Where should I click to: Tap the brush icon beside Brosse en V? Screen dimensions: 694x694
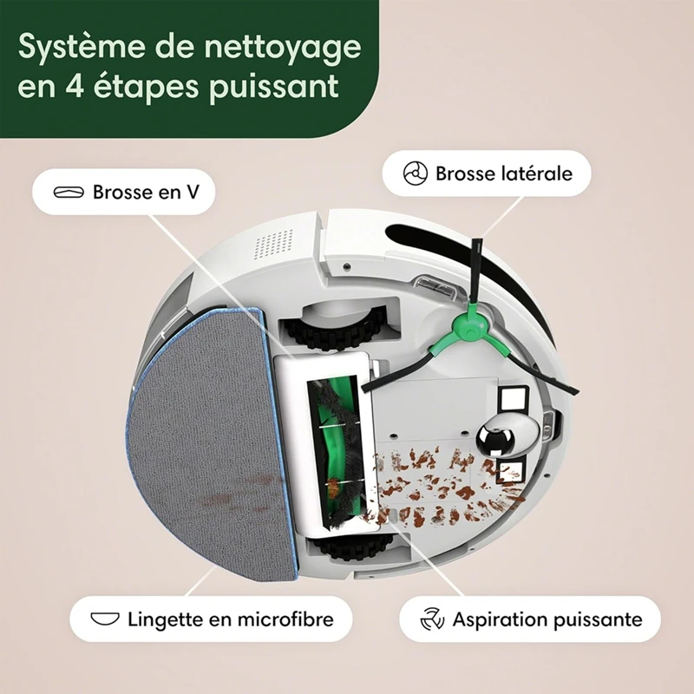70,192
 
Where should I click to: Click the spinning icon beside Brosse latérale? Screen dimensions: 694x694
416,173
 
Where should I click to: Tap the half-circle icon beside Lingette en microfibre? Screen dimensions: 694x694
104,619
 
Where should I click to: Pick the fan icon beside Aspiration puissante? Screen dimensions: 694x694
431,619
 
